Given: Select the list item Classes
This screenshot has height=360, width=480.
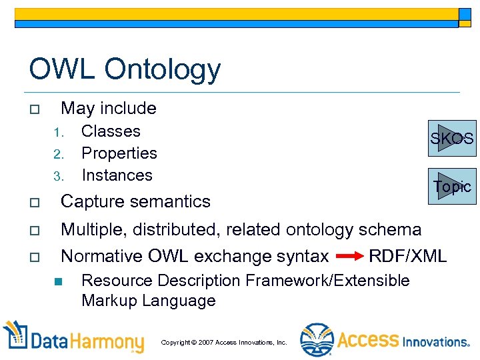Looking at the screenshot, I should [x=111, y=131].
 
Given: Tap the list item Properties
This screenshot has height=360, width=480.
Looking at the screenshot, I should [x=119, y=153].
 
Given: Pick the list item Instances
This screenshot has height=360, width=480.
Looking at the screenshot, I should [x=117, y=175].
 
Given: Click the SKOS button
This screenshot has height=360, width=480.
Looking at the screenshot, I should [x=453, y=138].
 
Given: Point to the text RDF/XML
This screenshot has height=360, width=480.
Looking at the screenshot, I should [x=407, y=256].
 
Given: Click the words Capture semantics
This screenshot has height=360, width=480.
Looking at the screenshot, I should [x=135, y=201].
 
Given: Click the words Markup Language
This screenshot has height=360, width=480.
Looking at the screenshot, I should [x=148, y=301].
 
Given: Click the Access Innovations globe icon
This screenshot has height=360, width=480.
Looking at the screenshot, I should [x=316, y=340].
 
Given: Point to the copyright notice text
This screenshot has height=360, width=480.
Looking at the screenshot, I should [x=223, y=343].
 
